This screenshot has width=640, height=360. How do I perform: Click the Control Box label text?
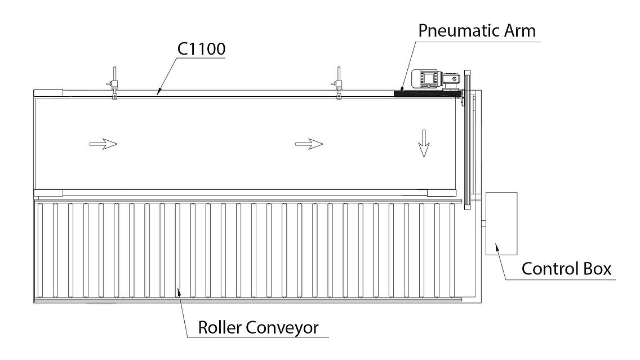click(566, 269)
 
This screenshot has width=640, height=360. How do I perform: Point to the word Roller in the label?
click(220, 327)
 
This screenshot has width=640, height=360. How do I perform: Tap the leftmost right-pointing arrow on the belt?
click(104, 144)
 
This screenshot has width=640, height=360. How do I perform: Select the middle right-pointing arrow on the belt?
click(309, 144)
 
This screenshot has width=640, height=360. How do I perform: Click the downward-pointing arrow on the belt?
click(424, 149)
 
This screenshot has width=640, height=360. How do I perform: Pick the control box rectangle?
click(500, 223)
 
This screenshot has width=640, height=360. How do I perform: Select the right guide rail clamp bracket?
click(339, 86)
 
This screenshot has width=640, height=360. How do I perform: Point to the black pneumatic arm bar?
click(425, 94)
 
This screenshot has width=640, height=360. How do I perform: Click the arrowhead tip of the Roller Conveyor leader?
click(179, 290)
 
